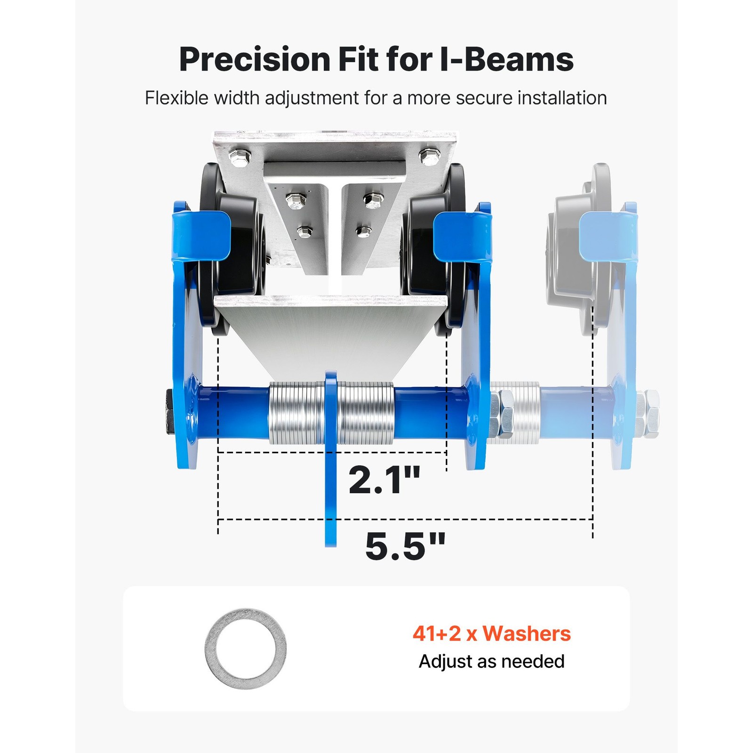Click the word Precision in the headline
[x=255, y=60]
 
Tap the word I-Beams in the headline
[x=506, y=59]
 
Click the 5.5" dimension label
[x=405, y=546]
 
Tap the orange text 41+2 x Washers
[x=492, y=633]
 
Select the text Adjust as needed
[x=492, y=661]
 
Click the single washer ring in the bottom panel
[x=210, y=649]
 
